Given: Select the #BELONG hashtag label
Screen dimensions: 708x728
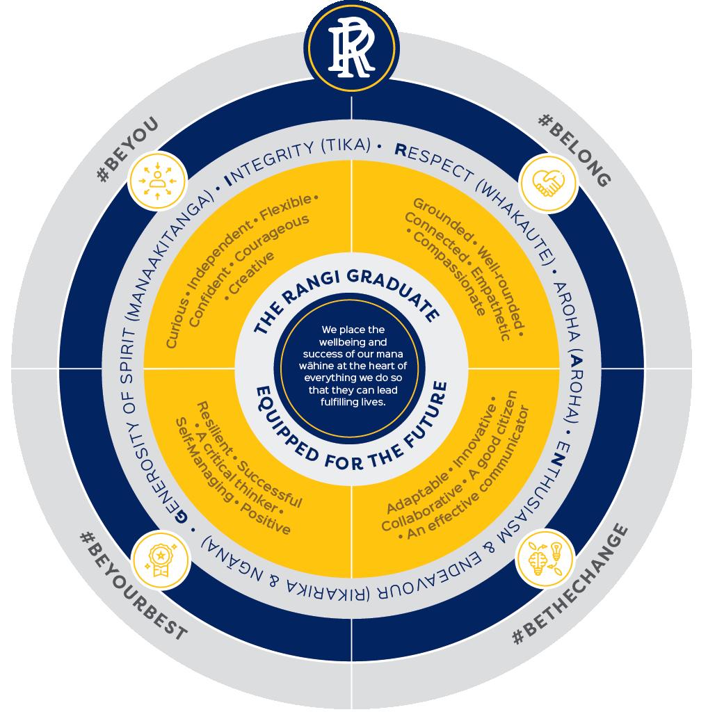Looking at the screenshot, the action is [574, 150].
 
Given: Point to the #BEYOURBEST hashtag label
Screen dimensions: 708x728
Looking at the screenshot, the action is [132, 588].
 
